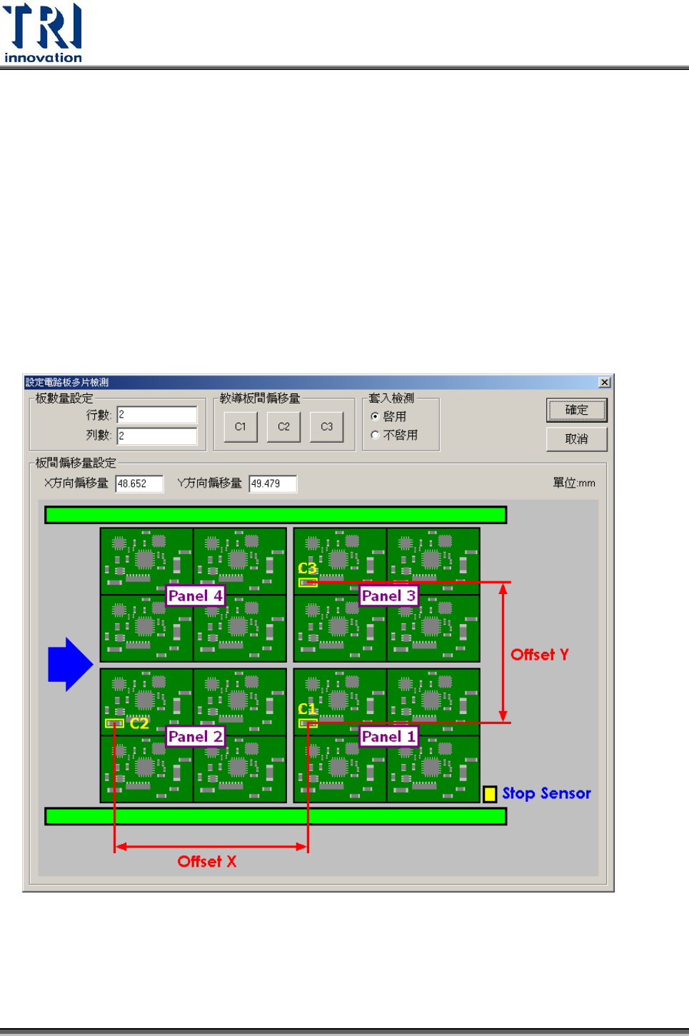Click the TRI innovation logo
click(x=43, y=33)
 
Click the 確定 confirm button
click(x=576, y=410)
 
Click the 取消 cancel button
click(x=576, y=438)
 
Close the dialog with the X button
click(x=604, y=383)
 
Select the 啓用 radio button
click(x=375, y=416)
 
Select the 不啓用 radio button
click(x=375, y=435)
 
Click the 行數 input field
click(x=157, y=415)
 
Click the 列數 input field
click(x=157, y=436)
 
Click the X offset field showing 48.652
click(x=139, y=483)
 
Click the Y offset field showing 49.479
click(x=273, y=483)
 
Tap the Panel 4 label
click(x=195, y=595)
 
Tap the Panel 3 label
click(x=388, y=595)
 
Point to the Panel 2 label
click(x=195, y=736)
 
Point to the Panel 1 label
click(x=388, y=736)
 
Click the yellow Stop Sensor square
click(x=490, y=794)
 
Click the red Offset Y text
click(x=540, y=655)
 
